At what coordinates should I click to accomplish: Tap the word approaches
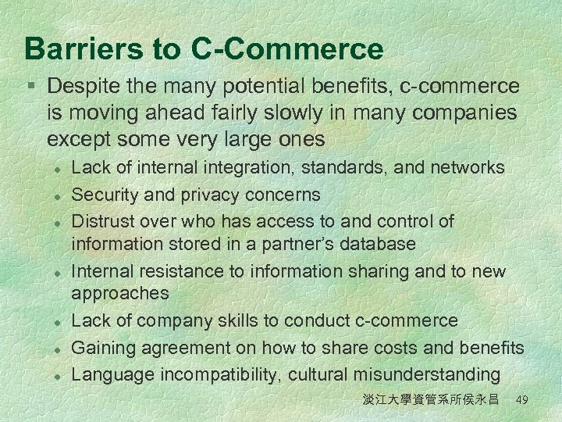click(120, 294)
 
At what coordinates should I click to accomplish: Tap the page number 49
click(522, 400)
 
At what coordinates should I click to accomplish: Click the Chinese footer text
click(430, 400)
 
